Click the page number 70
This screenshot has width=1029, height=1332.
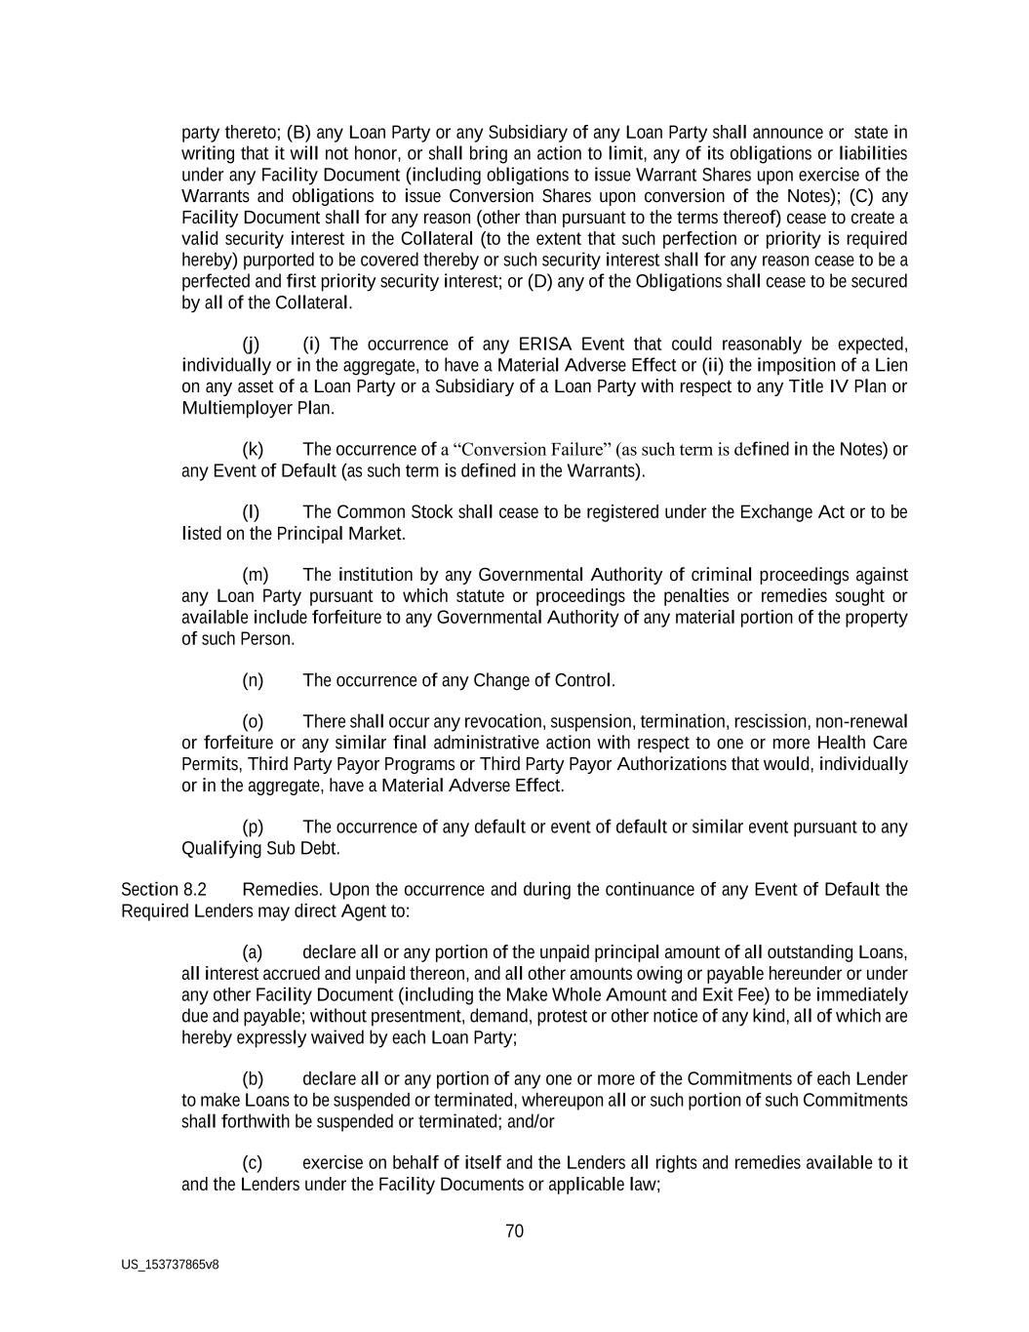click(514, 1231)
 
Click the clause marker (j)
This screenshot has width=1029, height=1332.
click(251, 344)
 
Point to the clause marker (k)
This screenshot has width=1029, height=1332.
click(253, 450)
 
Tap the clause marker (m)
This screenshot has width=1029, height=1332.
click(255, 575)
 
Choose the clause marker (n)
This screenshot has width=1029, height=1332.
click(253, 680)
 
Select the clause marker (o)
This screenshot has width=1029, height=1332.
click(253, 722)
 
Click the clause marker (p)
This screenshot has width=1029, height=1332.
click(253, 827)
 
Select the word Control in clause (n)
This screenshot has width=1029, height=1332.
click(583, 680)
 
